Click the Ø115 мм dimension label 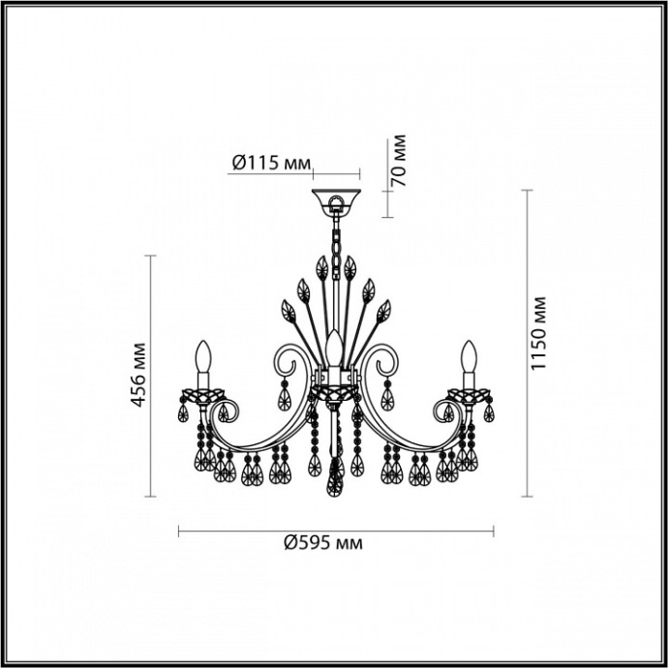271,162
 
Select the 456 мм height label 138,375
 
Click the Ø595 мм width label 323,544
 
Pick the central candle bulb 335,349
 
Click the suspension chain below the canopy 336,236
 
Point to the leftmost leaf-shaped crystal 288,311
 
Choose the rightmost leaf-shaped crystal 384,311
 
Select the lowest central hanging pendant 336,479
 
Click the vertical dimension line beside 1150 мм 528,343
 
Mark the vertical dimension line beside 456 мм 150,376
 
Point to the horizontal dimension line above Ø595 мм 336,530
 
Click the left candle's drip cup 203,395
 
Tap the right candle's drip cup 470,395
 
